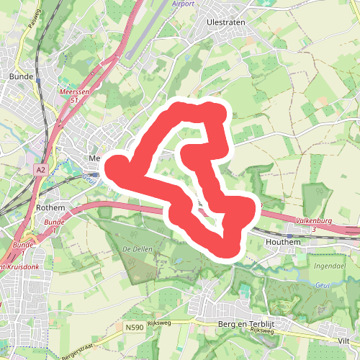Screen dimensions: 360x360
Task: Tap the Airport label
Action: (x=184, y=4)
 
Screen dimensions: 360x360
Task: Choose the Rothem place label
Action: (x=50, y=207)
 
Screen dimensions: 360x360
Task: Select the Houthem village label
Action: (x=303, y=243)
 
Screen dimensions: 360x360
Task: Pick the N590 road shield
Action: (x=133, y=328)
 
